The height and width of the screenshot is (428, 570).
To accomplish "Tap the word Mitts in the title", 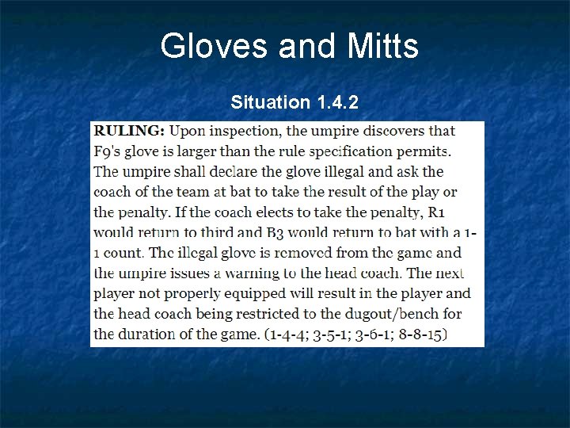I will [382, 46].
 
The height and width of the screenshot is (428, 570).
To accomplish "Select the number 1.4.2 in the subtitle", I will [337, 102].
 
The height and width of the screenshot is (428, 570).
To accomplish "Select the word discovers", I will [394, 131].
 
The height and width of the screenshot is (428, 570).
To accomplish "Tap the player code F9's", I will [109, 151].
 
